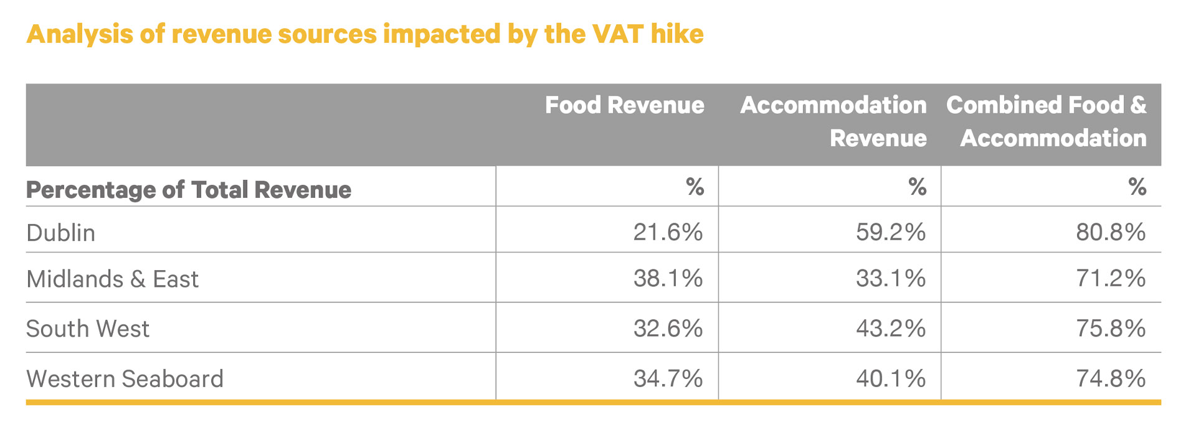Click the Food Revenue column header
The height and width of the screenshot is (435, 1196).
(624, 105)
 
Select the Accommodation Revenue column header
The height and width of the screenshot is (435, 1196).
(833, 121)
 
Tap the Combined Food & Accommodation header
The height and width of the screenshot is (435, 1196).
(1046, 121)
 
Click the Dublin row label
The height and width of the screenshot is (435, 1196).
(61, 233)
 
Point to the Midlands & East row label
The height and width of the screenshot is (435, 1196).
(112, 279)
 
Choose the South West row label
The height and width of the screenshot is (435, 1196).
(88, 329)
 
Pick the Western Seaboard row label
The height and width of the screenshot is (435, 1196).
(125, 379)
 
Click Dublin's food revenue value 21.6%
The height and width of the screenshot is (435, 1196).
(668, 232)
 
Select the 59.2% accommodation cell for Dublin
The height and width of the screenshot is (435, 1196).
(890, 232)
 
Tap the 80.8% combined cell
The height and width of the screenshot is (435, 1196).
(1111, 232)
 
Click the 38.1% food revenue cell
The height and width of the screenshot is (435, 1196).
(668, 278)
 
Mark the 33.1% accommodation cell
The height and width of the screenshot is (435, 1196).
(890, 278)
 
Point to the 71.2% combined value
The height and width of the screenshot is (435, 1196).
(1111, 278)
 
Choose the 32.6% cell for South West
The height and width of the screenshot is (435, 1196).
(668, 328)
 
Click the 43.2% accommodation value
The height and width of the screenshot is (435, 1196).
(890, 328)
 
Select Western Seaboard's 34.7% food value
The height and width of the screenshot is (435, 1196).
(668, 378)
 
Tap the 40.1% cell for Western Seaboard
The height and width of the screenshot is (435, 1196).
(890, 378)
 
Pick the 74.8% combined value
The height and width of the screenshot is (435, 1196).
(1111, 378)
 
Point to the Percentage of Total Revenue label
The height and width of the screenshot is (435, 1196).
(189, 190)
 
